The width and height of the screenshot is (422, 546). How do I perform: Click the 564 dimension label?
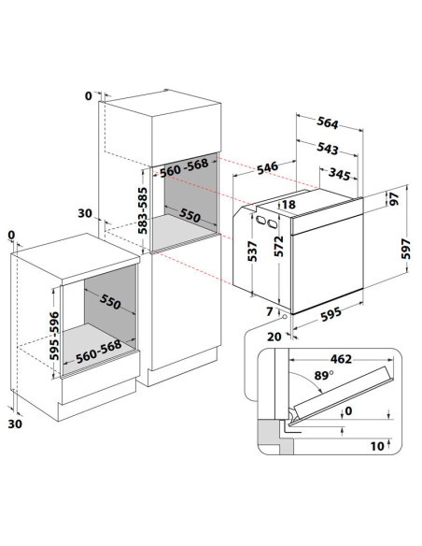tap(328, 122)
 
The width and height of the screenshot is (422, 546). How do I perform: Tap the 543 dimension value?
tap(328, 149)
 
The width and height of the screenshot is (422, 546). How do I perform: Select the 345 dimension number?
tap(339, 174)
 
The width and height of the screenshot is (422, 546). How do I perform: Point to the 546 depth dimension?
tap(268, 167)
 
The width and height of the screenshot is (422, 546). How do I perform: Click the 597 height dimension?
tap(406, 249)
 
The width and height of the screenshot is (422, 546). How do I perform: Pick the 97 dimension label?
tap(394, 199)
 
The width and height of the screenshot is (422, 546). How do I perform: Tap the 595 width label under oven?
tap(331, 314)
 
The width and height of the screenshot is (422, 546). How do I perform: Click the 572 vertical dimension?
tap(279, 246)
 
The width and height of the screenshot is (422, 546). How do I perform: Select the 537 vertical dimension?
tap(252, 251)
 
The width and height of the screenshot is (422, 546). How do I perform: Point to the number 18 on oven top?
tap(288, 205)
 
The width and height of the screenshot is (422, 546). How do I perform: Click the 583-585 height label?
tap(142, 210)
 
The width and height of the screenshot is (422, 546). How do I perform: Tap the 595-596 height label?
tap(54, 336)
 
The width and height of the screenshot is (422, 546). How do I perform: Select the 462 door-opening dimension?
tap(341, 359)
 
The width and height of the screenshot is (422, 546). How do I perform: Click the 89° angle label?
tap(324, 376)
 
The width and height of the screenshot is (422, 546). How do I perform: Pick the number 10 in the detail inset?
tap(377, 446)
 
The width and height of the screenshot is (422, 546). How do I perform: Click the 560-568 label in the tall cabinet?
tap(184, 167)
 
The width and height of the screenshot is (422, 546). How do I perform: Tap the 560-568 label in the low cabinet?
tap(99, 352)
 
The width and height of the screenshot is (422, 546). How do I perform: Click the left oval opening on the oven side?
tap(260, 220)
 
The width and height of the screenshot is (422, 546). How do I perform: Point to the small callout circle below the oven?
tap(285, 316)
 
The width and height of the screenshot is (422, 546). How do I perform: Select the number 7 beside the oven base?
tap(270, 311)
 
